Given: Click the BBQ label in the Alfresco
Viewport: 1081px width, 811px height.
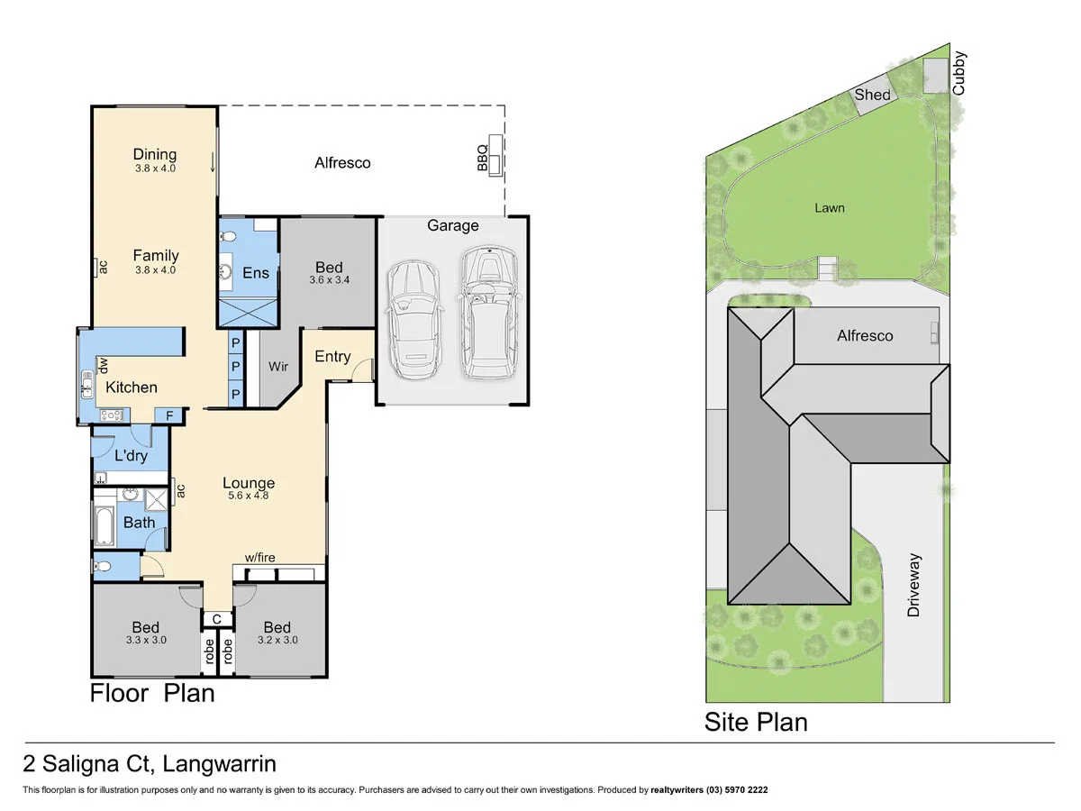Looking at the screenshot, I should click(482, 158).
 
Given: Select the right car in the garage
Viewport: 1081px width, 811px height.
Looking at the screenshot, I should click(487, 313).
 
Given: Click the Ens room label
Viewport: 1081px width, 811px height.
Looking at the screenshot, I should click(256, 272).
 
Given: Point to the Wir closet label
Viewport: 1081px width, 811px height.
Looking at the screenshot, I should click(278, 367).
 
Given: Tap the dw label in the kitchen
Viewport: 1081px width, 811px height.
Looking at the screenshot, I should click(104, 365).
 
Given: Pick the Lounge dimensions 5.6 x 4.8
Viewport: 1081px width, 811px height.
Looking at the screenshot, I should click(249, 497).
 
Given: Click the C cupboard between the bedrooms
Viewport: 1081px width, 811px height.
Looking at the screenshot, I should click(217, 618).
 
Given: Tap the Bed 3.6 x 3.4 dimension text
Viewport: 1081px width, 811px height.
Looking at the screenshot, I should click(329, 280).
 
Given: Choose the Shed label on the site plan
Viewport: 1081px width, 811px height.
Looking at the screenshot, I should click(872, 95).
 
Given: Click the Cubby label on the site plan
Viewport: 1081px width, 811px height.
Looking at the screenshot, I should click(959, 75).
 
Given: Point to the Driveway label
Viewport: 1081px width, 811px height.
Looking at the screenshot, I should click(915, 585).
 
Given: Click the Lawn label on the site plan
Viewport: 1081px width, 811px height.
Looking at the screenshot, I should click(830, 208).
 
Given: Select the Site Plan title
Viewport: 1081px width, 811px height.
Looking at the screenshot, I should click(756, 722).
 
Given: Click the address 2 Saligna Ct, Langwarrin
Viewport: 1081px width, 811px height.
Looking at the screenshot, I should click(150, 765).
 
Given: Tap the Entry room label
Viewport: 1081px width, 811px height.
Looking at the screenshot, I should click(332, 357).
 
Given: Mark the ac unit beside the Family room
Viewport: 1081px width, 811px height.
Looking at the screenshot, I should click(102, 268).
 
